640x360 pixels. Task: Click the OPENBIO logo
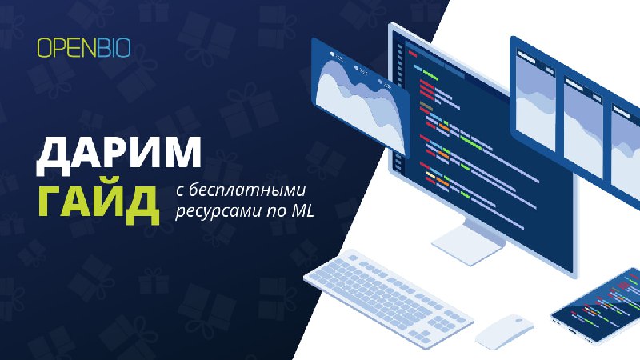pyautogui.click(x=84, y=48)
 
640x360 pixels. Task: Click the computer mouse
pyautogui.click(x=505, y=330)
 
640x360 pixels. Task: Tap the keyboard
pyautogui.click(x=388, y=297)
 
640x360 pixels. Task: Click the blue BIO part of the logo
pyautogui.click(x=114, y=48)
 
